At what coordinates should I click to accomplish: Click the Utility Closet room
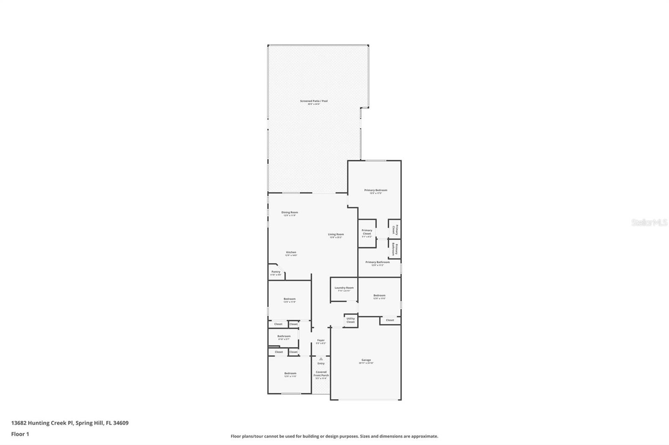point(350,320)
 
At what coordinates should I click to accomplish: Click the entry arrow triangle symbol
point(321,359)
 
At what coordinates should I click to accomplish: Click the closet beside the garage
point(390,320)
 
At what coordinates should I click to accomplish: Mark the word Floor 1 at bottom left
point(20,434)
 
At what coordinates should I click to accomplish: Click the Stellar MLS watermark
point(649,223)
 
